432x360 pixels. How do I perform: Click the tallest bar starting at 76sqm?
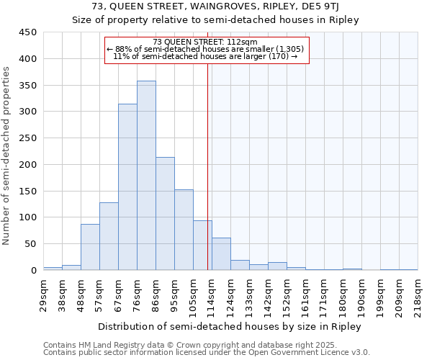146,176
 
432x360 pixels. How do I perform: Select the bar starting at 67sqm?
127,187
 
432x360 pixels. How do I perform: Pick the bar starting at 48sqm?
90,247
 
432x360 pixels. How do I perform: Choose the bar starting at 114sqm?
221,254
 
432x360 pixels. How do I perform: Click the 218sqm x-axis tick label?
418,294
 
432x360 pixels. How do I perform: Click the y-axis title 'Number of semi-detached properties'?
7,156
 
